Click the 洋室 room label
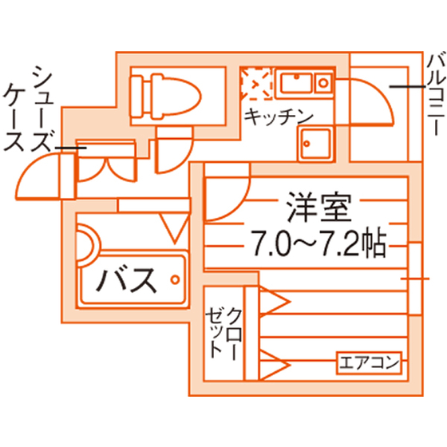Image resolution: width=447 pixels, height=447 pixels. click(x=318, y=208)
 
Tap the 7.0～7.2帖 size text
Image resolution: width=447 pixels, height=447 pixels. click(x=318, y=243)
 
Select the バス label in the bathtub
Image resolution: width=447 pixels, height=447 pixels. click(x=127, y=279)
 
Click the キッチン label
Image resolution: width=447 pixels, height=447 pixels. click(x=279, y=117)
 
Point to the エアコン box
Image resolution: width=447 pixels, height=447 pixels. click(x=369, y=363)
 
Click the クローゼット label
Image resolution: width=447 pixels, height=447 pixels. click(x=223, y=334)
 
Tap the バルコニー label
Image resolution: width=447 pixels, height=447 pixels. click(x=436, y=93)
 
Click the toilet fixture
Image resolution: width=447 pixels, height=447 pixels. click(x=165, y=97)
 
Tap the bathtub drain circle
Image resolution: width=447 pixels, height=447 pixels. click(x=175, y=279)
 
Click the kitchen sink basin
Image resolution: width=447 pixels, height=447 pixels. click(x=296, y=83)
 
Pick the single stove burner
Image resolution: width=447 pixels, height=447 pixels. click(x=323, y=83)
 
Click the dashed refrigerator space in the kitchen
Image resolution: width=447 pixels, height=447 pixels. click(x=256, y=84)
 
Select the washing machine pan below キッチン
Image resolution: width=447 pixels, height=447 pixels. click(x=315, y=144)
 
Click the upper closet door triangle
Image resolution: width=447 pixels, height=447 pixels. click(x=275, y=302)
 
